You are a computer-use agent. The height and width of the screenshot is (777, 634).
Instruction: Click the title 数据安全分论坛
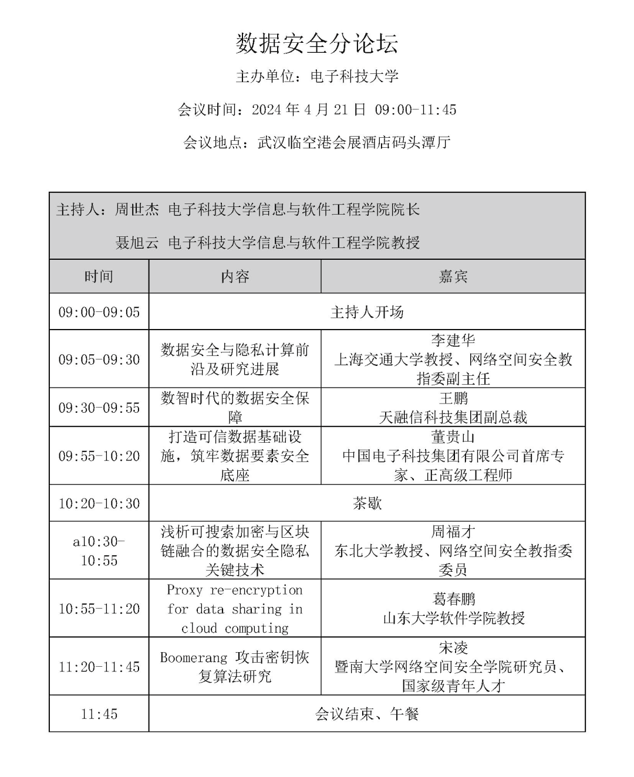(317, 44)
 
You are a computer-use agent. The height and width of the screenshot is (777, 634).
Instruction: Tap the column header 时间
(99, 277)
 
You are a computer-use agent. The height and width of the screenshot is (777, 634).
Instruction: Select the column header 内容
(235, 277)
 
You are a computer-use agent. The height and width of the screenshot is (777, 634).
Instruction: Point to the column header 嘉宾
(453, 277)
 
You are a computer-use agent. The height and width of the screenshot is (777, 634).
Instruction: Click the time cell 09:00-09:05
(99, 312)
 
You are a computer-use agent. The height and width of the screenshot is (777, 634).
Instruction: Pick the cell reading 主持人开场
(367, 312)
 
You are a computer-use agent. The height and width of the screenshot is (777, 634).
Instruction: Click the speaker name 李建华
(453, 341)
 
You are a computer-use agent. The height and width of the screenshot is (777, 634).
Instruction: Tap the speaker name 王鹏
(453, 399)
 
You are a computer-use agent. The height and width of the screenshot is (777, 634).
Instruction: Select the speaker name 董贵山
(453, 437)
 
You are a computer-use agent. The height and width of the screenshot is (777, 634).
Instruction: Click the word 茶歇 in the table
(367, 503)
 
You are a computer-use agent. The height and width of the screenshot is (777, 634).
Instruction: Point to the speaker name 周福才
(453, 532)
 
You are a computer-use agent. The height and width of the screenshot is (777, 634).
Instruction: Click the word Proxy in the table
(184, 590)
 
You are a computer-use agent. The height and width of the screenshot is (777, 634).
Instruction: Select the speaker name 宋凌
(453, 648)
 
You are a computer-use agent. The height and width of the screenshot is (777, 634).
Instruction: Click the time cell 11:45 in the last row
(99, 714)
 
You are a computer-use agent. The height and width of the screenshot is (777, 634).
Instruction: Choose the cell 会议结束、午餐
(367, 714)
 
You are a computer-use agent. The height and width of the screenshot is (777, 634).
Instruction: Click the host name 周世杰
(137, 210)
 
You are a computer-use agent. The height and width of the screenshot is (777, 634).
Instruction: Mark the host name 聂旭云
(137, 243)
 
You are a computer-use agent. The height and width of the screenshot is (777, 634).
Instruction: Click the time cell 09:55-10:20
(99, 456)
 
